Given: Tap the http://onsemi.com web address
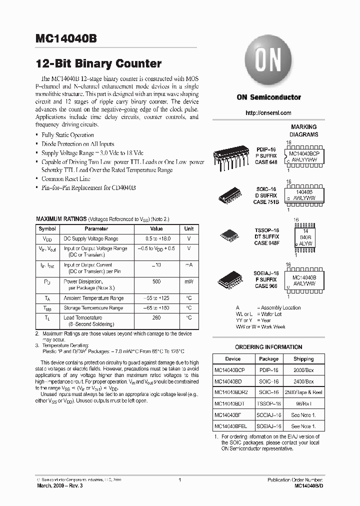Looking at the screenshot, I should pyautogui.click(x=268, y=113).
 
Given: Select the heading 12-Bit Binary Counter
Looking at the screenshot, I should pyautogui.click(x=98, y=64).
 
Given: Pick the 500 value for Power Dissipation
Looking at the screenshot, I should pyautogui.click(x=156, y=281).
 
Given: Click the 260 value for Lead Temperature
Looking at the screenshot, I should pyautogui.click(x=156, y=317).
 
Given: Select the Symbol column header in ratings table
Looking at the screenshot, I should pyautogui.click(x=47, y=228).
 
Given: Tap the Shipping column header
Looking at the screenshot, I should pyautogui.click(x=303, y=358).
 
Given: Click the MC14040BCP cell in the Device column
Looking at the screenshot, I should pyautogui.click(x=230, y=369).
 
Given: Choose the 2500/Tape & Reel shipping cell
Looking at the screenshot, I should pyautogui.click(x=303, y=392).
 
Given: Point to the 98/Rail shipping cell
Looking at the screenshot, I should pyautogui.click(x=303, y=403).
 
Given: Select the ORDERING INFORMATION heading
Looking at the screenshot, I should pyautogui.click(x=268, y=347).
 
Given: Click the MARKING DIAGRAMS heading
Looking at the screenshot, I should pyautogui.click(x=303, y=130).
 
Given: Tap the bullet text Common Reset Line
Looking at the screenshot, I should pyautogui.click(x=65, y=178).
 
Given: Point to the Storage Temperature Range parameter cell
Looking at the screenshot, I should pyautogui.click(x=93, y=308).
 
